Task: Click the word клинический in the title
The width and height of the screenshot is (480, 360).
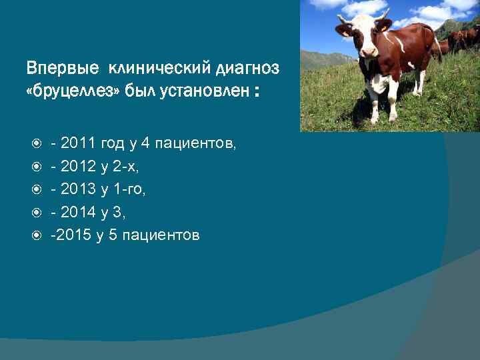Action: click(157, 68)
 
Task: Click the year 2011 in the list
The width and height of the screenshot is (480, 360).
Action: click(79, 143)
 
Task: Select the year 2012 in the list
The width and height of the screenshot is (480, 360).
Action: click(79, 166)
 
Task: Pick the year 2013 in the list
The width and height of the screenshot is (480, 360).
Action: click(79, 189)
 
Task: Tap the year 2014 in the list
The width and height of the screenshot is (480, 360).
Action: click(79, 213)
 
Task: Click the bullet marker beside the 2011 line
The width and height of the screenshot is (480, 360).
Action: click(37, 143)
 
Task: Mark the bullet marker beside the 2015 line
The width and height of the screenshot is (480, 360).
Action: click(37, 236)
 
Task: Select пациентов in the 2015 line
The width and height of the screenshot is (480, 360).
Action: click(160, 235)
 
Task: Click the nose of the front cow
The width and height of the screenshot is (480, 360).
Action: click(369, 52)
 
